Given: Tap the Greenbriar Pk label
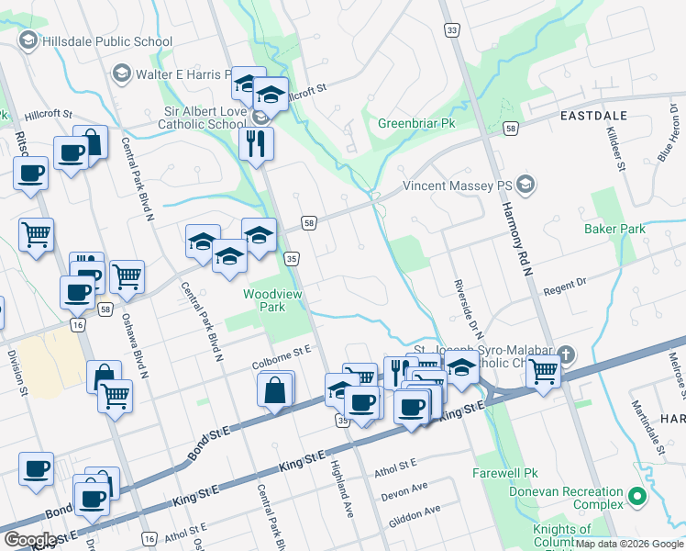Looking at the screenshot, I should (416, 123).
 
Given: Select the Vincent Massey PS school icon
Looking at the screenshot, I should (525, 186).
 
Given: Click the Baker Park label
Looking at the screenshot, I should (614, 229).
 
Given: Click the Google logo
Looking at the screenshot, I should (30, 540).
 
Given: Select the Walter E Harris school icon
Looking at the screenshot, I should (121, 73).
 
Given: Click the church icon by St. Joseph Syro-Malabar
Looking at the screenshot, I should (568, 354).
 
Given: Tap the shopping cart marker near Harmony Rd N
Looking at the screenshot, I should (544, 372).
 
